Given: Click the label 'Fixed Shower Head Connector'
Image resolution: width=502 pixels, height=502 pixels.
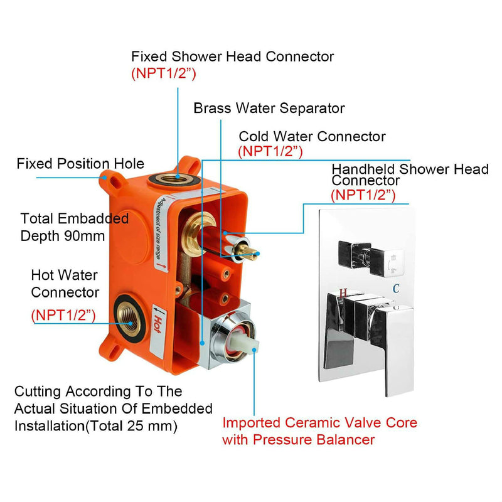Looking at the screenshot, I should (x=232, y=56).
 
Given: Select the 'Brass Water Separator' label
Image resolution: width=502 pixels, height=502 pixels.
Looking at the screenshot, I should (x=269, y=108).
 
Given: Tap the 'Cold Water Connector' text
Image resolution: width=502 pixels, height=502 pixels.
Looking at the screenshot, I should (x=312, y=136).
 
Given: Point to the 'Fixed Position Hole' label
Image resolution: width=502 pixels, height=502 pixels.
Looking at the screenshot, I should (x=80, y=164).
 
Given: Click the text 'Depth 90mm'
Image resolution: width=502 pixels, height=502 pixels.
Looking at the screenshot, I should (x=63, y=236).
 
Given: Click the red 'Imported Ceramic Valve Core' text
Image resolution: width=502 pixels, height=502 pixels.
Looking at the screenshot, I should (x=319, y=422).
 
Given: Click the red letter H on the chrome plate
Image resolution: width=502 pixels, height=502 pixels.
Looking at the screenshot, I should (x=343, y=292).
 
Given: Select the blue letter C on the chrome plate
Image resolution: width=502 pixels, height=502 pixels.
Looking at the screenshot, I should (x=397, y=288).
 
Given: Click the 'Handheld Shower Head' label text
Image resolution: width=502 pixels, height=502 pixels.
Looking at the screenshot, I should (x=410, y=169).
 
